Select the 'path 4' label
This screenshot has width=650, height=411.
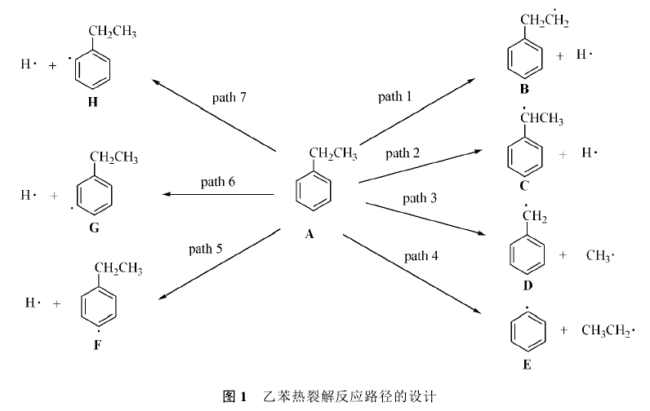pyautogui.click(x=421, y=256)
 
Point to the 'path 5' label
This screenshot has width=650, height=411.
pyautogui.click(x=205, y=248)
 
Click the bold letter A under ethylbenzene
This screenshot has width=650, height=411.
pyautogui.click(x=309, y=235)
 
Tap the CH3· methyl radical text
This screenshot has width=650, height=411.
pyautogui.click(x=599, y=255)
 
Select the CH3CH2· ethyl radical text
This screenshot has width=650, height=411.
pyautogui.click(x=607, y=330)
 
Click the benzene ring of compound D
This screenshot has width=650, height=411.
pyautogui.click(x=528, y=255)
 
